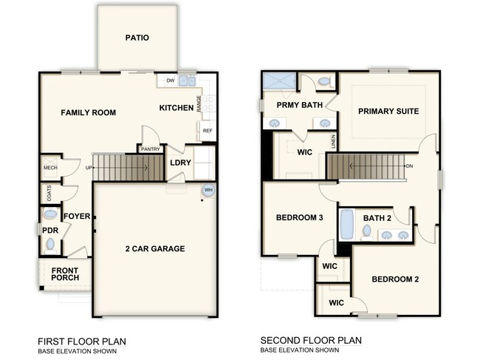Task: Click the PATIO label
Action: click(137, 38)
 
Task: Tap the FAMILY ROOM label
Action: click(88, 112)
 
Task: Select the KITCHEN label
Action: click(176, 108)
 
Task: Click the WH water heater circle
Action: click(208, 189)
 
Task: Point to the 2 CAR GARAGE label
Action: click(155, 248)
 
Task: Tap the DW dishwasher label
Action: click(170, 81)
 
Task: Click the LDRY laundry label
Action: click(181, 163)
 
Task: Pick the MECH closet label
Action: click(50, 168)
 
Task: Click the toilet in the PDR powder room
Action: click(49, 214)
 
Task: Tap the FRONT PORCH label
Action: click(65, 274)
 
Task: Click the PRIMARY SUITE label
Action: click(388, 112)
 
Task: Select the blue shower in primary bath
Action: click(278, 81)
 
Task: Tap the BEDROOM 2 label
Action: click(395, 279)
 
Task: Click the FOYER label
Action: click(77, 216)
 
